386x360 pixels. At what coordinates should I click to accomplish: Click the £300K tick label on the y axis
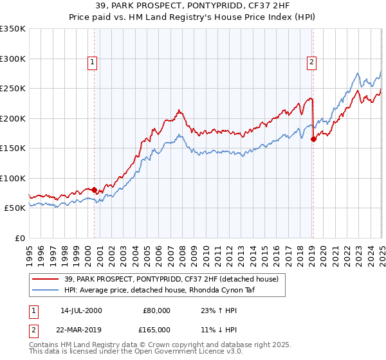pyautogui.click(x=13, y=59)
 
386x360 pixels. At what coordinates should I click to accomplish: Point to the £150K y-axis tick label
pyautogui.click(x=13, y=148)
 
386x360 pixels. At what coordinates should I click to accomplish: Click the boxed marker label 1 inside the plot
pyautogui.click(x=93, y=62)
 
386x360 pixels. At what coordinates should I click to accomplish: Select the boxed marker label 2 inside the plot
pyautogui.click(x=312, y=62)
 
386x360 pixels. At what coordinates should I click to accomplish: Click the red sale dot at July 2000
pyautogui.click(x=94, y=190)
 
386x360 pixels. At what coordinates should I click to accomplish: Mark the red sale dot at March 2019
pyautogui.click(x=313, y=139)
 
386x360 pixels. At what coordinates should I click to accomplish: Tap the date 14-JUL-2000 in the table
pyautogui.click(x=81, y=310)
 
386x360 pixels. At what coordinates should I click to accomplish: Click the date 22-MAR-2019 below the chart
pyautogui.click(x=82, y=330)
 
